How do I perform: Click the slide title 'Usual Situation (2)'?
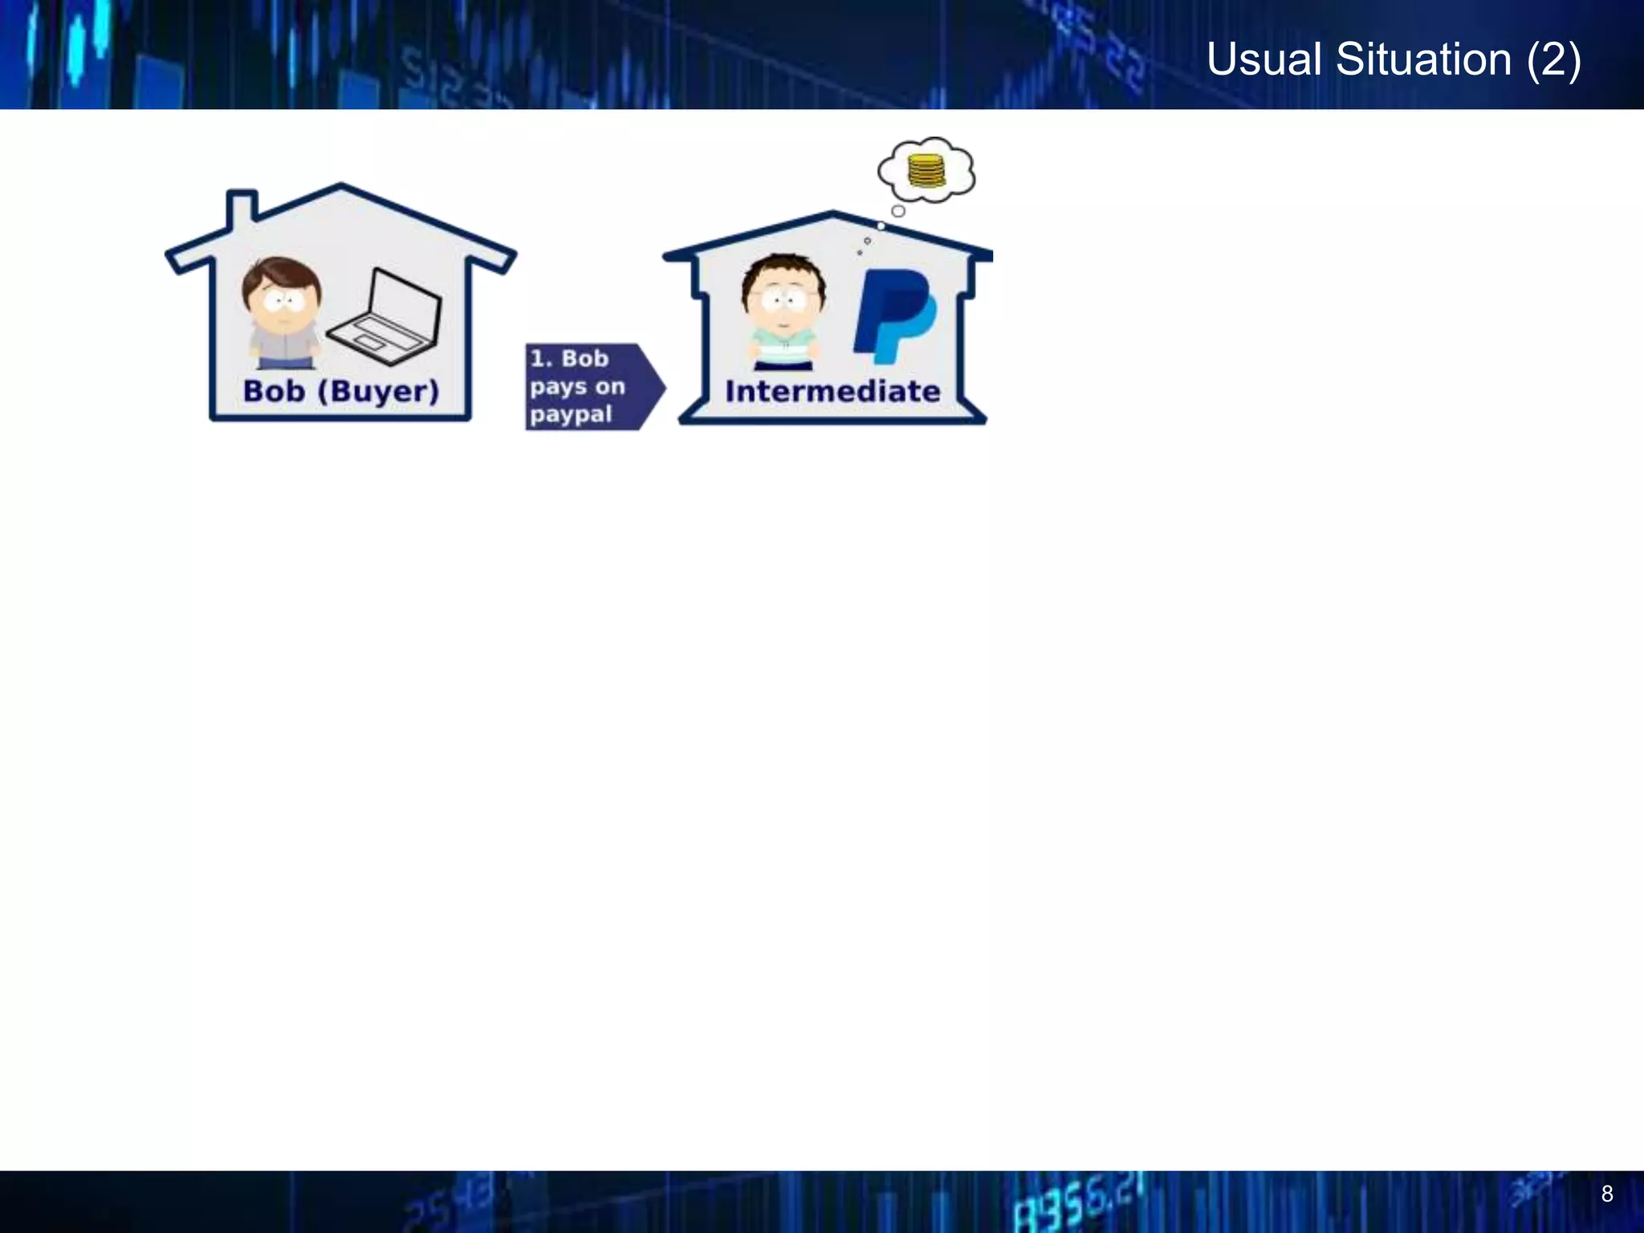click(x=1394, y=59)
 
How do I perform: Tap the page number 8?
click(x=1606, y=1194)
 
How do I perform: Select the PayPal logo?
click(x=893, y=315)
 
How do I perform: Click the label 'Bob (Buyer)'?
click(x=341, y=392)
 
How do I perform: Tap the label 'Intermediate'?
click(x=832, y=392)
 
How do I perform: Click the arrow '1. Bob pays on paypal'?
click(x=594, y=387)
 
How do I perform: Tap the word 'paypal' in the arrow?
click(x=571, y=415)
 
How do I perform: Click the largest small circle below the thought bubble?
click(x=898, y=211)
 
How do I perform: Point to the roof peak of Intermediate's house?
click(x=832, y=215)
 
